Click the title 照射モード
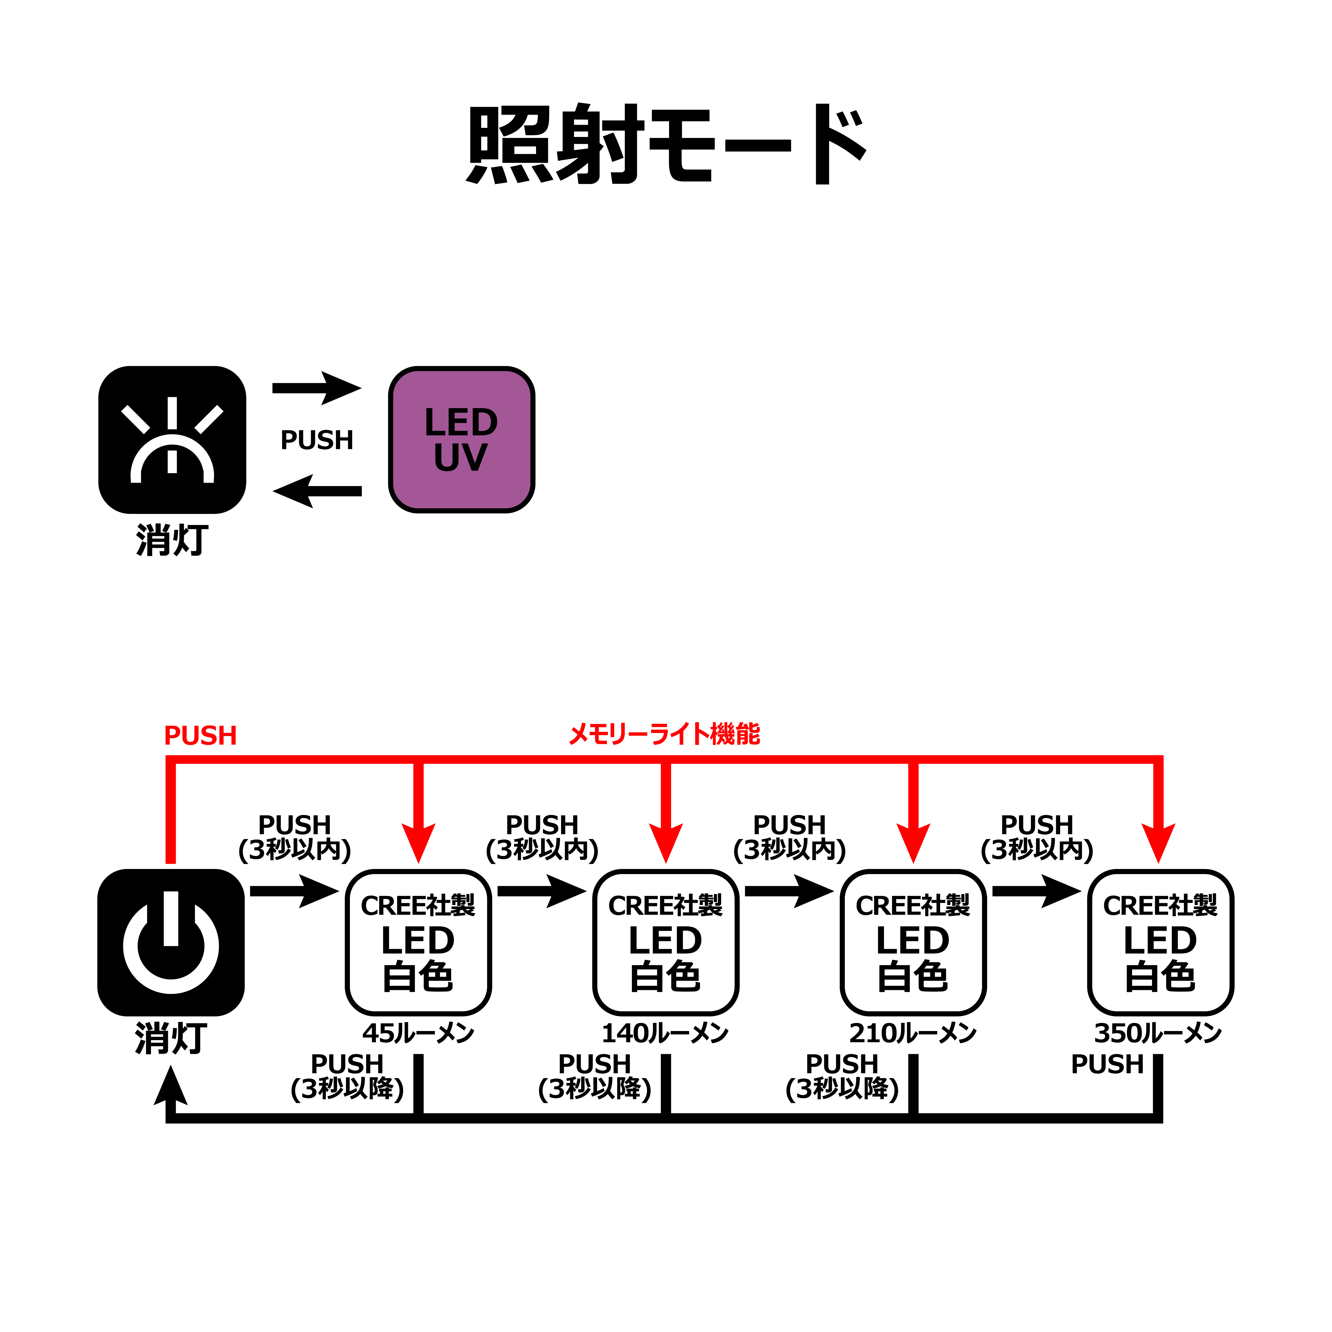click(666, 145)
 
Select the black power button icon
click(171, 943)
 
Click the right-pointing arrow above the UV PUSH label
click(317, 388)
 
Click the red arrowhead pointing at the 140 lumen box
click(666, 842)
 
